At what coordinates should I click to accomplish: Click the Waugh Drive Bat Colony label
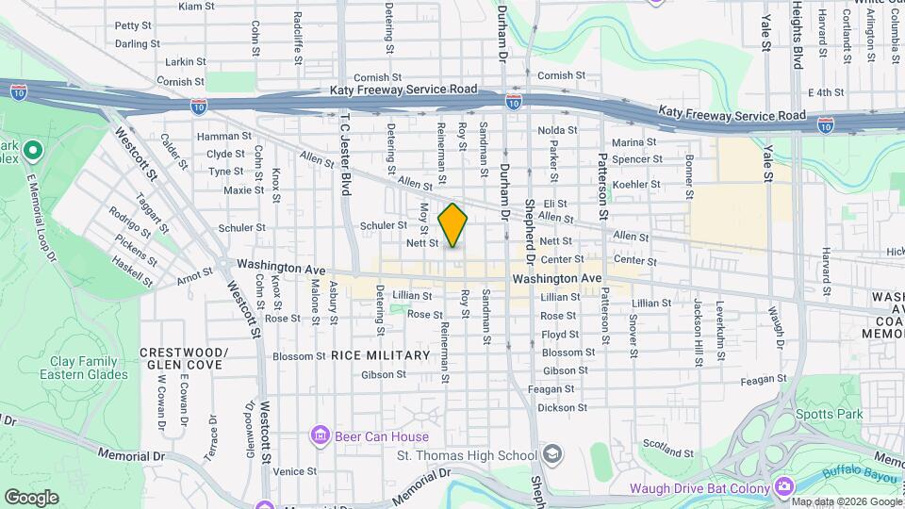(699, 487)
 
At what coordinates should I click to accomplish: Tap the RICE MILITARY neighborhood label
(380, 355)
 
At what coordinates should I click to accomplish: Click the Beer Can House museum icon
(320, 436)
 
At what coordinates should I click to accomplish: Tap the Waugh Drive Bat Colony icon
(783, 487)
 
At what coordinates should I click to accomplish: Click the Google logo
(31, 498)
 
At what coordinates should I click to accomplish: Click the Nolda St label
(557, 130)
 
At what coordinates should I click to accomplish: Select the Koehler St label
(635, 184)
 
